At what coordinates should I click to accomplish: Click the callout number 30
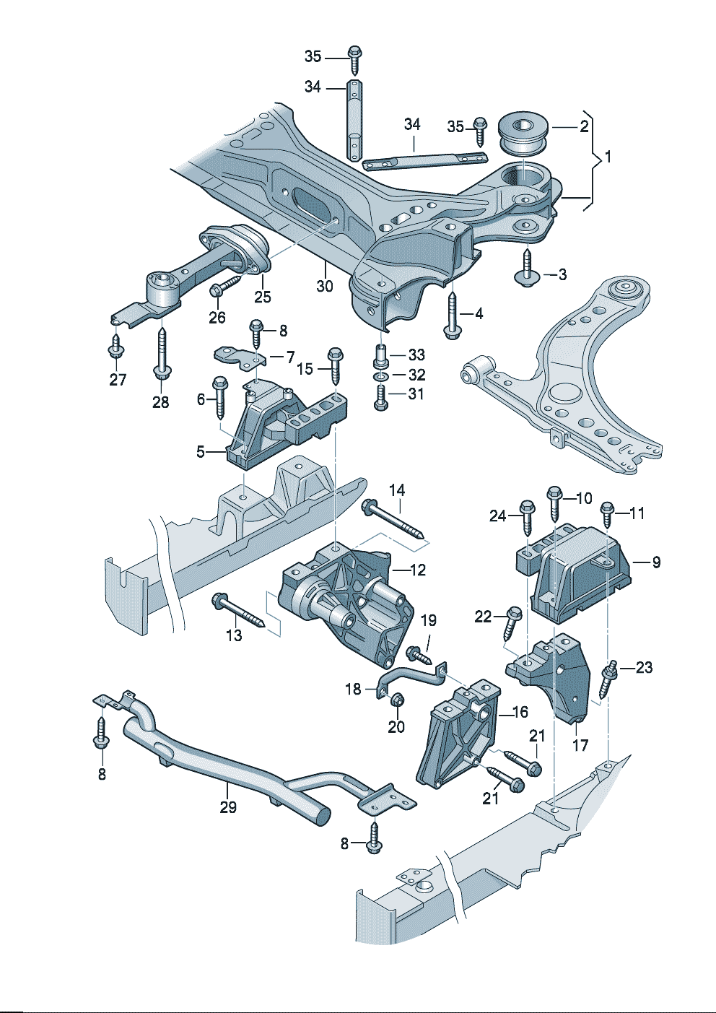click(325, 286)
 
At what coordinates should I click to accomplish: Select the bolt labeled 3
click(527, 268)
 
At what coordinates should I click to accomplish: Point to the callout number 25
click(262, 296)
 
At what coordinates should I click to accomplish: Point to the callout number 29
click(228, 807)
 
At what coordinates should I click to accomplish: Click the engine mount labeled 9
click(581, 574)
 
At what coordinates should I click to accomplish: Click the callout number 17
click(580, 744)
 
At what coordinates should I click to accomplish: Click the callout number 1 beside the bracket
click(608, 156)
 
